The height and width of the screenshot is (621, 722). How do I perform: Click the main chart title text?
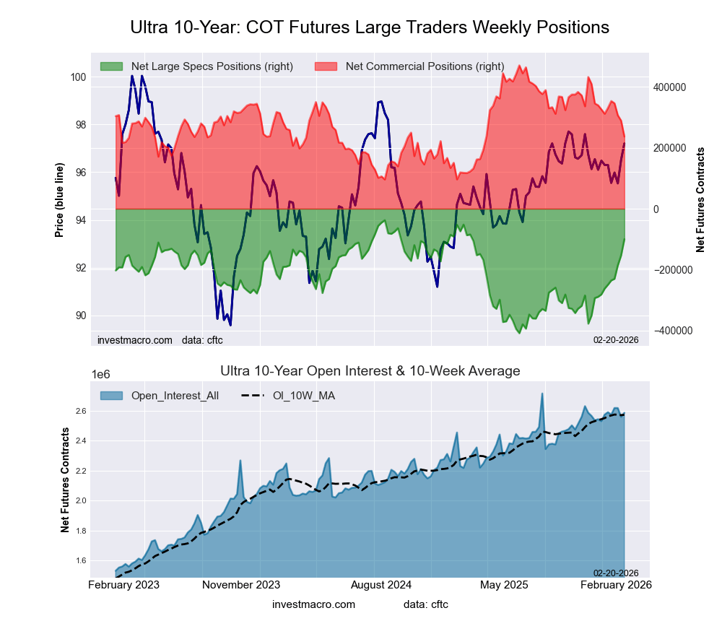(x=370, y=27)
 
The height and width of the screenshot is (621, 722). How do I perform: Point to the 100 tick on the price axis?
(x=78, y=77)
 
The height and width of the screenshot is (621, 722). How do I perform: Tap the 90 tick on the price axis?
(x=80, y=316)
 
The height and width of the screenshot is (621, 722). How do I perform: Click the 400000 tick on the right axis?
(x=669, y=87)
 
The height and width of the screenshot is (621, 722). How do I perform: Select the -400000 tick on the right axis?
(x=667, y=331)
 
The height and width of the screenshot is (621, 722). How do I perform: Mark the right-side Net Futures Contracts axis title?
(x=700, y=199)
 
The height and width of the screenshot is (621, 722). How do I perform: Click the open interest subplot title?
(x=370, y=371)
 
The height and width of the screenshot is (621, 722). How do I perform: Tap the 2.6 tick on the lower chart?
(x=79, y=412)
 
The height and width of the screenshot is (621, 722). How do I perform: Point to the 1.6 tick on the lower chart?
(x=79, y=561)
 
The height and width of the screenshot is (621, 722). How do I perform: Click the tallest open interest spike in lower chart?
(x=542, y=394)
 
